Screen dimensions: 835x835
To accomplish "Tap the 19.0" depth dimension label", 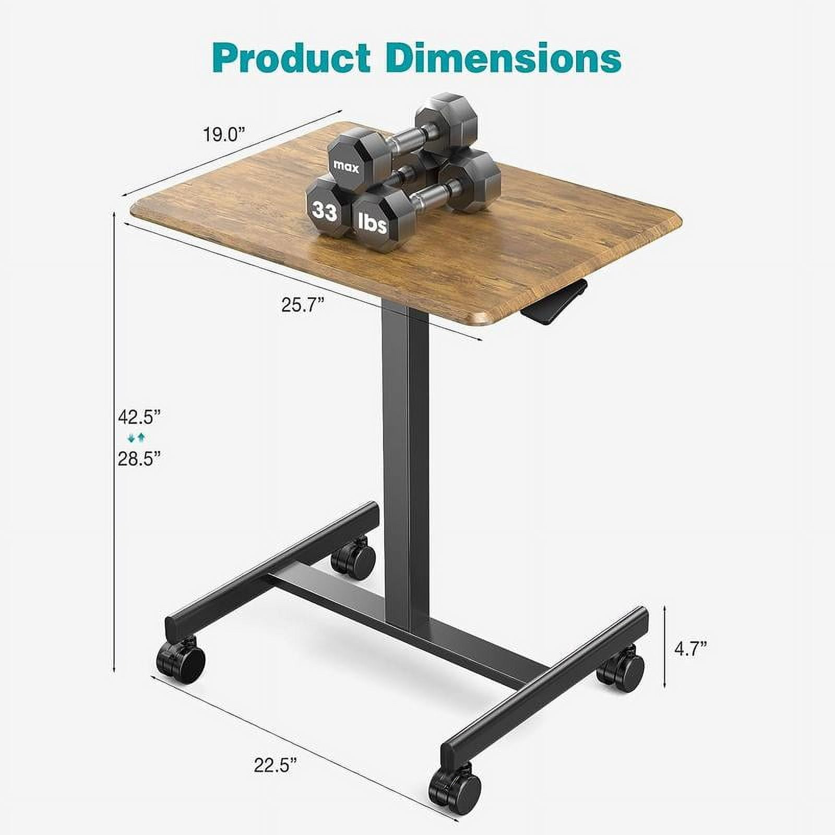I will pyautogui.click(x=224, y=135).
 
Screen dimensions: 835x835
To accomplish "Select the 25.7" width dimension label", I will pyautogui.click(x=303, y=304).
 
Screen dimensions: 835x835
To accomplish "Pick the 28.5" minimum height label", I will pyautogui.click(x=138, y=459).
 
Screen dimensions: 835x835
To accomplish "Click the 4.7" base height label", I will pyautogui.click(x=690, y=649).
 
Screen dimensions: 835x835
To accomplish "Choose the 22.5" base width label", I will pyautogui.click(x=275, y=766).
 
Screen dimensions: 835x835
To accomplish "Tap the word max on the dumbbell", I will pyautogui.click(x=347, y=168).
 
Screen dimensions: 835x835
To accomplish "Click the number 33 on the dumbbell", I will pyautogui.click(x=324, y=211).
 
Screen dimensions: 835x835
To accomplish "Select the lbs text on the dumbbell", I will pyautogui.click(x=373, y=223).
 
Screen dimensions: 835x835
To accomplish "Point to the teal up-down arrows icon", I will pyautogui.click(x=136, y=438).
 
